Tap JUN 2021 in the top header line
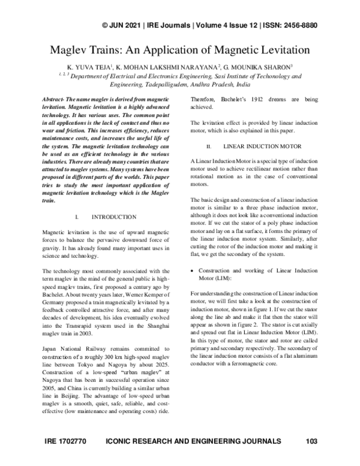pos(131,25)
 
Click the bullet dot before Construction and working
pos(192,255)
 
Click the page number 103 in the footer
pos(311,442)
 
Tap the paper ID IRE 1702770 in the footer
pos(66,442)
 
